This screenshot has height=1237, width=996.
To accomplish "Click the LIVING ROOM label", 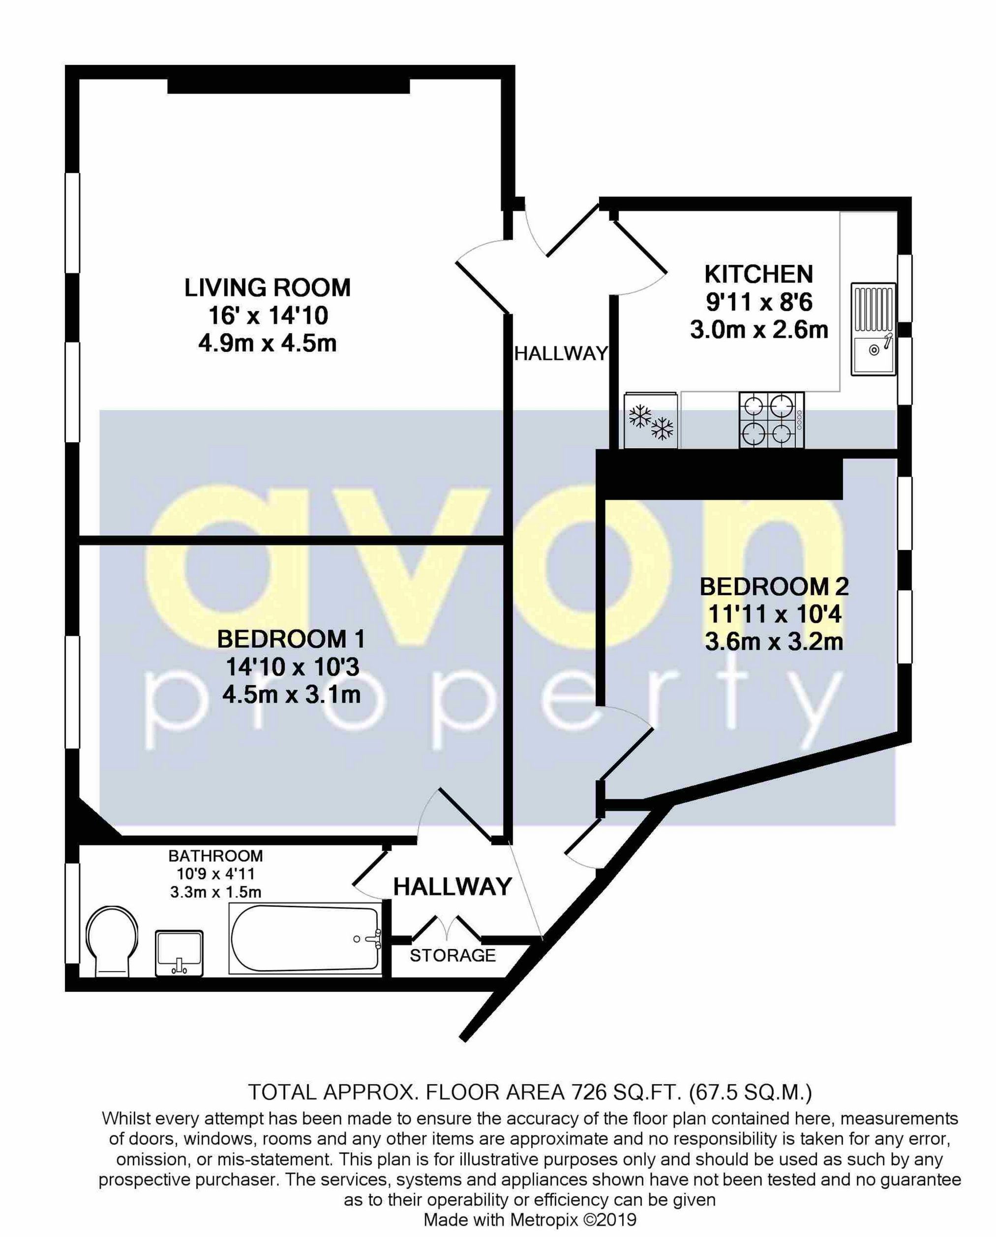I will tap(267, 288).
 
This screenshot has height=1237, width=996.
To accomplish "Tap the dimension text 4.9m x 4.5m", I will tap(267, 344).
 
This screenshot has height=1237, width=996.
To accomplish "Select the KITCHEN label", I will tap(758, 274).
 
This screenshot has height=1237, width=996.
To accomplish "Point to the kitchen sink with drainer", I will tap(873, 329).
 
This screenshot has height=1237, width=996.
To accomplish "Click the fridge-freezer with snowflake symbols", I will tap(650, 420).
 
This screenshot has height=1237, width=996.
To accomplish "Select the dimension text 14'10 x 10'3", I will tap(292, 667).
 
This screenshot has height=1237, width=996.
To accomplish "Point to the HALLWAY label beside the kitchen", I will tap(560, 353).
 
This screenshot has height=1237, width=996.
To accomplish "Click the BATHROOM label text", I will tap(215, 856).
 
